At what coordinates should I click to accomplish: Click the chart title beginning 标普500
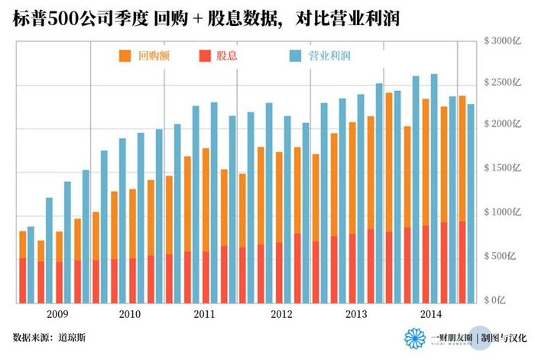pos(206,16)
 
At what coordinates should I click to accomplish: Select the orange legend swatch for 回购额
pos(125,56)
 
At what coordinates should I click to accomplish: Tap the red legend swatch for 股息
pos(204,56)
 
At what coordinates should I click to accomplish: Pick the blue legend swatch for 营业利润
pos(295,56)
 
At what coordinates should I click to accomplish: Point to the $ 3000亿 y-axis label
pos(504,39)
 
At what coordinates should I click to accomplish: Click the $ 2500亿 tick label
pos(504,83)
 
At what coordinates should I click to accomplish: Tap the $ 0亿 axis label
pos(508,299)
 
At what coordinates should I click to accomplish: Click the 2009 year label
pos(57,314)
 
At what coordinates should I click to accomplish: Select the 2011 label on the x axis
pos(203,314)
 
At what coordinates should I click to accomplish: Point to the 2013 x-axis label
pos(356,314)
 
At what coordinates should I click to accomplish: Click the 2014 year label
pos(430,314)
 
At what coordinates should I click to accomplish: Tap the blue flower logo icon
pos(415,339)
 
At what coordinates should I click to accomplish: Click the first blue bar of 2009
pos(31,264)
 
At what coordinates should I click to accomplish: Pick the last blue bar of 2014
pos(471,203)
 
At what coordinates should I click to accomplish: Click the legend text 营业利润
pos(324,56)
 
